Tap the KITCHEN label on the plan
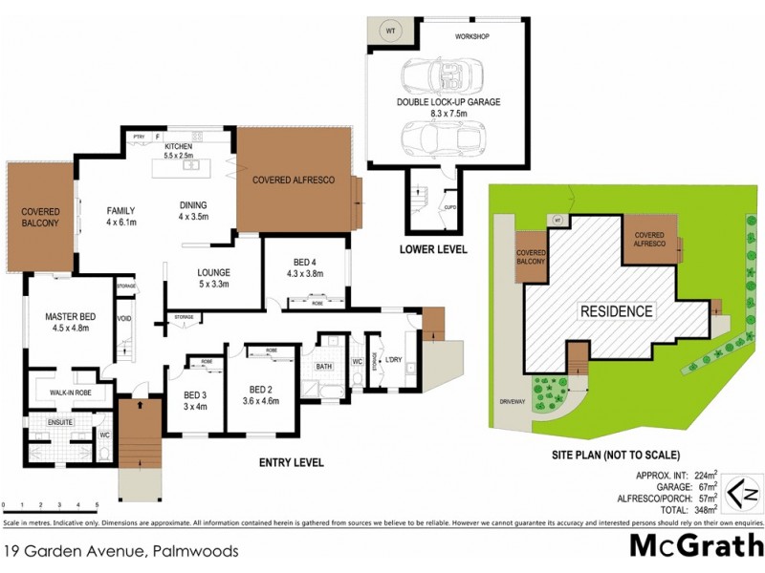(179, 146)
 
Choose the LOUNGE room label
(215, 271)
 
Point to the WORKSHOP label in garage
(471, 36)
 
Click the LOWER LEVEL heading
(433, 250)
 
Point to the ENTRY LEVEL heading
(292, 463)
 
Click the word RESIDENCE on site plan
(617, 311)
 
